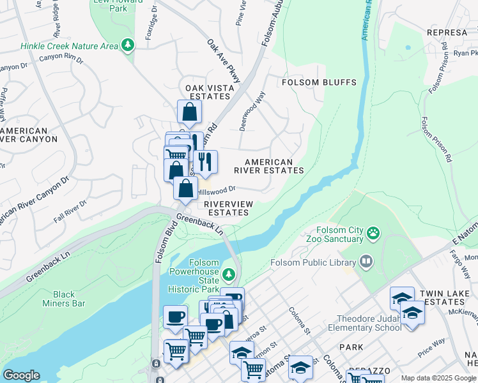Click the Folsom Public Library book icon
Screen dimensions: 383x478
pyautogui.click(x=366, y=261)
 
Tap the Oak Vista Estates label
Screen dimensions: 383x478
pyautogui.click(x=207, y=92)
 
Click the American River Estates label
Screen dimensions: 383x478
pyautogui.click(x=268, y=167)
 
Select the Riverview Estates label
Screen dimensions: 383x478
pyautogui.click(x=229, y=208)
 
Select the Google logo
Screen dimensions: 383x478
pyautogui.click(x=21, y=375)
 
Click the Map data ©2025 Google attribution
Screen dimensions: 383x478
pyautogui.click(x=438, y=378)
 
